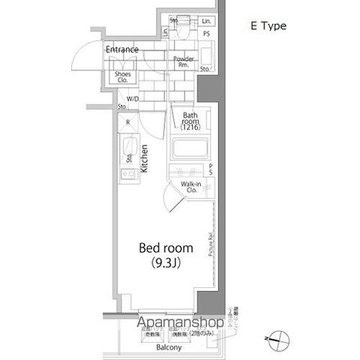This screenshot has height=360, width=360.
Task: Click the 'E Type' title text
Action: tap(268, 26)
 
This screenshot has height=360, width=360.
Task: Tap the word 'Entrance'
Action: tap(121, 50)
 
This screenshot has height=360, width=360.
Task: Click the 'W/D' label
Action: tap(132, 99)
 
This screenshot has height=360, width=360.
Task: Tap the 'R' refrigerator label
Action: tap(128, 122)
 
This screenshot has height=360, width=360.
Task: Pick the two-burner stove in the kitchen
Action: tap(127, 173)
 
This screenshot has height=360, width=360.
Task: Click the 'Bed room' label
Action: tap(166, 247)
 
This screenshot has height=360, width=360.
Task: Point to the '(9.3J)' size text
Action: tap(166, 263)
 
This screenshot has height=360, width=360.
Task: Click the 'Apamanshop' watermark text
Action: tap(180, 323)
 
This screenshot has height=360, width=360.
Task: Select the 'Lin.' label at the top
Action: tap(205, 21)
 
